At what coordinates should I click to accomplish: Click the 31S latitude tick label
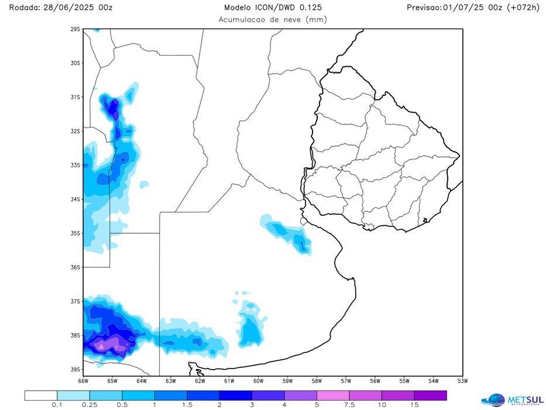point(75,97)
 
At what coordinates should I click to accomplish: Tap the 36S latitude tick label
point(75,267)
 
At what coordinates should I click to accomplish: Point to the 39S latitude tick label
point(75,370)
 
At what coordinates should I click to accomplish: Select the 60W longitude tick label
point(257,381)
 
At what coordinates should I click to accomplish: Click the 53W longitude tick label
point(462,381)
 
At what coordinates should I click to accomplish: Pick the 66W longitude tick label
point(83,381)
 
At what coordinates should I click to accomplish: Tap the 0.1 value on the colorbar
point(57,405)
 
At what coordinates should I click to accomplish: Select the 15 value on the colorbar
point(414,405)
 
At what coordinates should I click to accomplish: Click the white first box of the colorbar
point(41,395)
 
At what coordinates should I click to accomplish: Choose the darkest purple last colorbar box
point(430,395)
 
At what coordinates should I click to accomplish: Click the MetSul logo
point(512,399)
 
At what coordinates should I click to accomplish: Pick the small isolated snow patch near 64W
point(144,185)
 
